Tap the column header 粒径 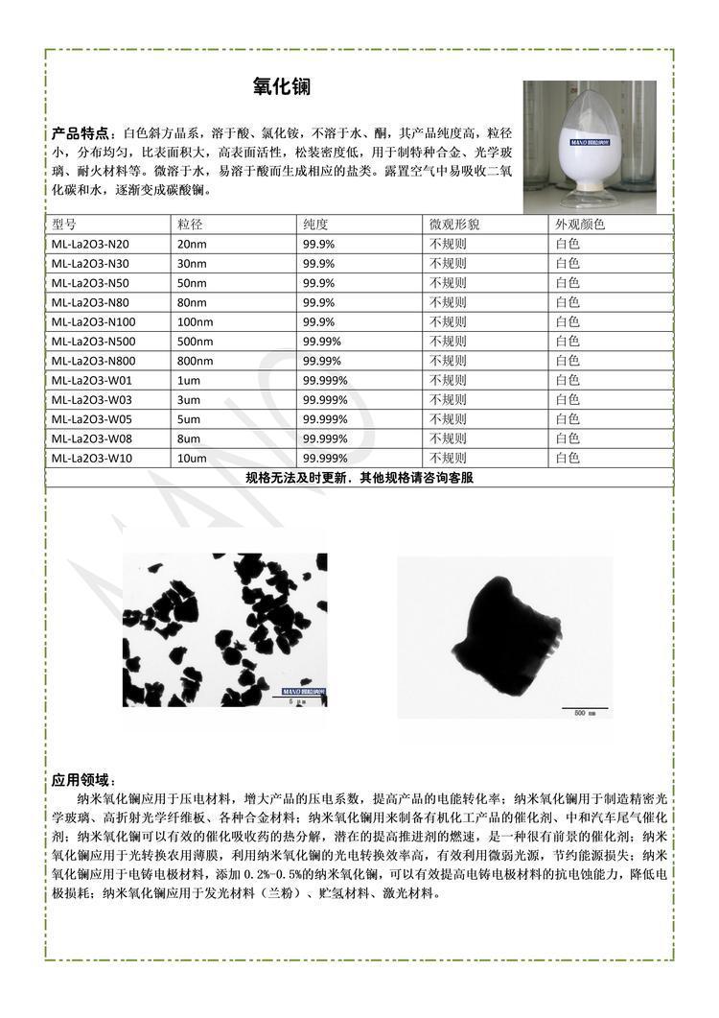point(190,225)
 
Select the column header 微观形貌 point(454,225)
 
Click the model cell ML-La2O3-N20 point(90,244)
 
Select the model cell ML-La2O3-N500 point(94,342)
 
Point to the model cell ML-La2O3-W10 point(92,459)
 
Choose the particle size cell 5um point(190,419)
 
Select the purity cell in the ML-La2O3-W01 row point(325,381)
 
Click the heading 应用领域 point(84,780)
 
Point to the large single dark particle point(503,633)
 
